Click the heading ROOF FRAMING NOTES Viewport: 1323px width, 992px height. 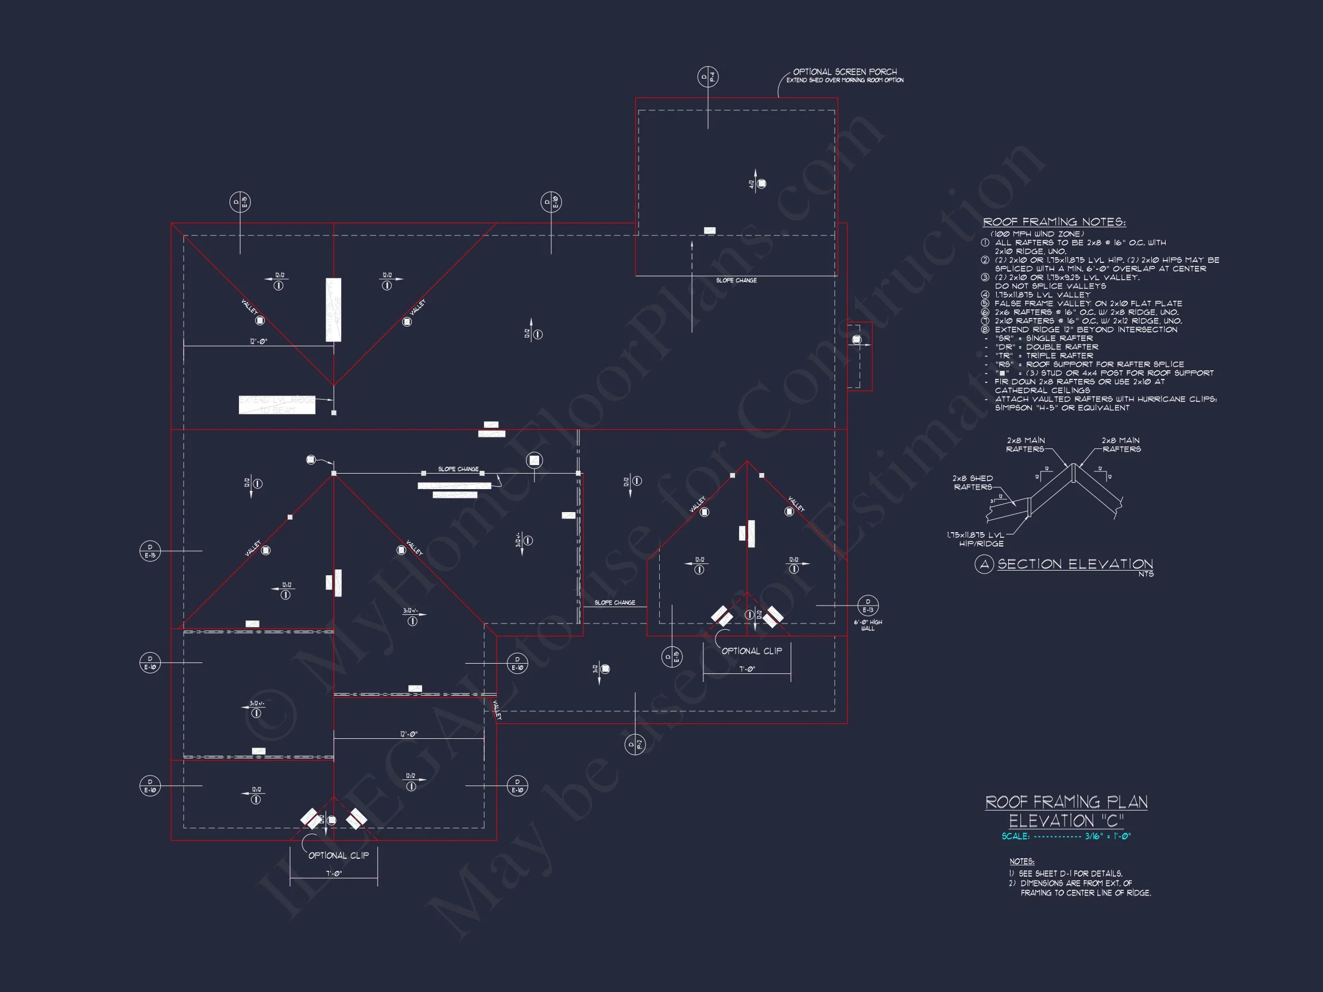tap(1054, 222)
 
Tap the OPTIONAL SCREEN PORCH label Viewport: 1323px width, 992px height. tap(845, 72)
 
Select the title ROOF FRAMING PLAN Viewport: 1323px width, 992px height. tap(1066, 802)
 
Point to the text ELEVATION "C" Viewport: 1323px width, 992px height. tap(1066, 821)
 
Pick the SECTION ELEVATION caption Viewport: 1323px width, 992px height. tap(1075, 564)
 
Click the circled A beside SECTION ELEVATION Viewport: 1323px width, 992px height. tap(984, 564)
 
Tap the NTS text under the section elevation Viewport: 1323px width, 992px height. tap(1146, 574)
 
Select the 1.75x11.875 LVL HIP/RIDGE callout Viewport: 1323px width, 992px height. tap(976, 540)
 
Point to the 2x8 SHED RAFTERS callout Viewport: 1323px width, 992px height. tap(973, 483)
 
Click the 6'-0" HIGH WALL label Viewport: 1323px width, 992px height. tap(868, 625)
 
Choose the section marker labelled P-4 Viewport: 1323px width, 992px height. tap(707, 76)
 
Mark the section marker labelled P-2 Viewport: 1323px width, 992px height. tap(635, 745)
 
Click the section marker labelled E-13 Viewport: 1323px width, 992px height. tap(868, 606)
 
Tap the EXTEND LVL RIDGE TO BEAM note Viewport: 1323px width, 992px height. tap(277, 405)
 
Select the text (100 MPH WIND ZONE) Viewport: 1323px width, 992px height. tap(1036, 234)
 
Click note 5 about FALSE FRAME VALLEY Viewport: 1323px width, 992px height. tap(1088, 304)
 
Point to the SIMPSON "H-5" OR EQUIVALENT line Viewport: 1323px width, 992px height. tap(1062, 408)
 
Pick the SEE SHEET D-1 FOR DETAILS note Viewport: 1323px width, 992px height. tap(1070, 874)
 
